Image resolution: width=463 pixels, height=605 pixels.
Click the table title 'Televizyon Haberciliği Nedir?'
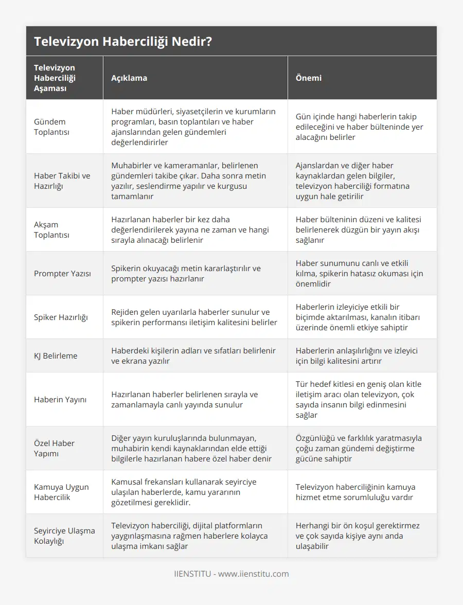pyautogui.click(x=123, y=42)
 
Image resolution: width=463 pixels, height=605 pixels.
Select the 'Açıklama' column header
pyautogui.click(x=129, y=78)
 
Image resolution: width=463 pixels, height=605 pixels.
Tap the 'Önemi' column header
pyautogui.click(x=309, y=78)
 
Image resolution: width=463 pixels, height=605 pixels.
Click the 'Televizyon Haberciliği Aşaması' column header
pyautogui.click(x=55, y=78)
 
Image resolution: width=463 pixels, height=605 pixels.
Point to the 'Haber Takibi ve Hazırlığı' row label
pyautogui.click(x=62, y=181)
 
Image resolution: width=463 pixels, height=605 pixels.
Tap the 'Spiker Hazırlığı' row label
pyautogui.click(x=61, y=317)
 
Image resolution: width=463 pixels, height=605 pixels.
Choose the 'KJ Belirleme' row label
pyautogui.click(x=56, y=355)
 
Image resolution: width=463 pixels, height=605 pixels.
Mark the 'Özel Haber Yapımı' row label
pyautogui.click(x=54, y=448)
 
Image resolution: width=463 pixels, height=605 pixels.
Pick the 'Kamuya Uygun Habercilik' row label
pyautogui.click(x=61, y=492)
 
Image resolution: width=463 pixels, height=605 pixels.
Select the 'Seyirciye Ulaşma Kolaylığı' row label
pyautogui.click(x=64, y=536)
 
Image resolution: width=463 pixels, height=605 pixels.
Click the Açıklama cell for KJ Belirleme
pyautogui.click(x=193, y=355)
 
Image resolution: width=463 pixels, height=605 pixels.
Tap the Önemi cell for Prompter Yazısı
pyautogui.click(x=360, y=273)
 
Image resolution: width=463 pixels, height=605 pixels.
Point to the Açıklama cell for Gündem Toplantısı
pyautogui.click(x=193, y=127)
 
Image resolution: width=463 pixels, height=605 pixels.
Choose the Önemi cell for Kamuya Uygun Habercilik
pyautogui.click(x=355, y=492)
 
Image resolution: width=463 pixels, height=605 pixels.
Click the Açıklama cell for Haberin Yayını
pyautogui.click(x=185, y=399)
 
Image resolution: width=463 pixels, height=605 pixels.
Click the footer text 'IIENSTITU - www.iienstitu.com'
pyautogui.click(x=232, y=574)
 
